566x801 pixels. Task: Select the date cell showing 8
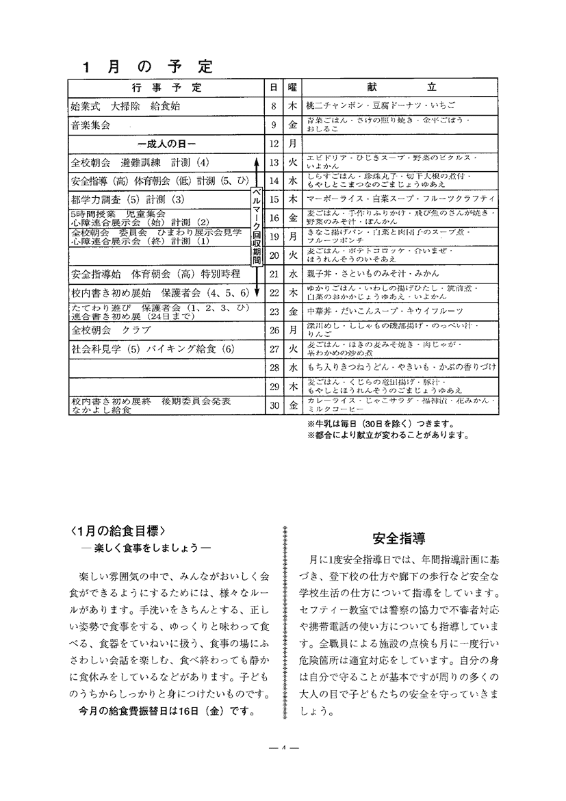pos(274,107)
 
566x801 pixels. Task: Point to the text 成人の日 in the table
pos(166,144)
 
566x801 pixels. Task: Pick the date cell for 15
pos(274,199)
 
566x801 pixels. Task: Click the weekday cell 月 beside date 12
pos(292,144)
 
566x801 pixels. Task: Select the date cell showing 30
pos(274,405)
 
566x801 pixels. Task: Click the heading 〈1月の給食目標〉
pos(118,531)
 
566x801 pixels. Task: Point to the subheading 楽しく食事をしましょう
pos(145,548)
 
